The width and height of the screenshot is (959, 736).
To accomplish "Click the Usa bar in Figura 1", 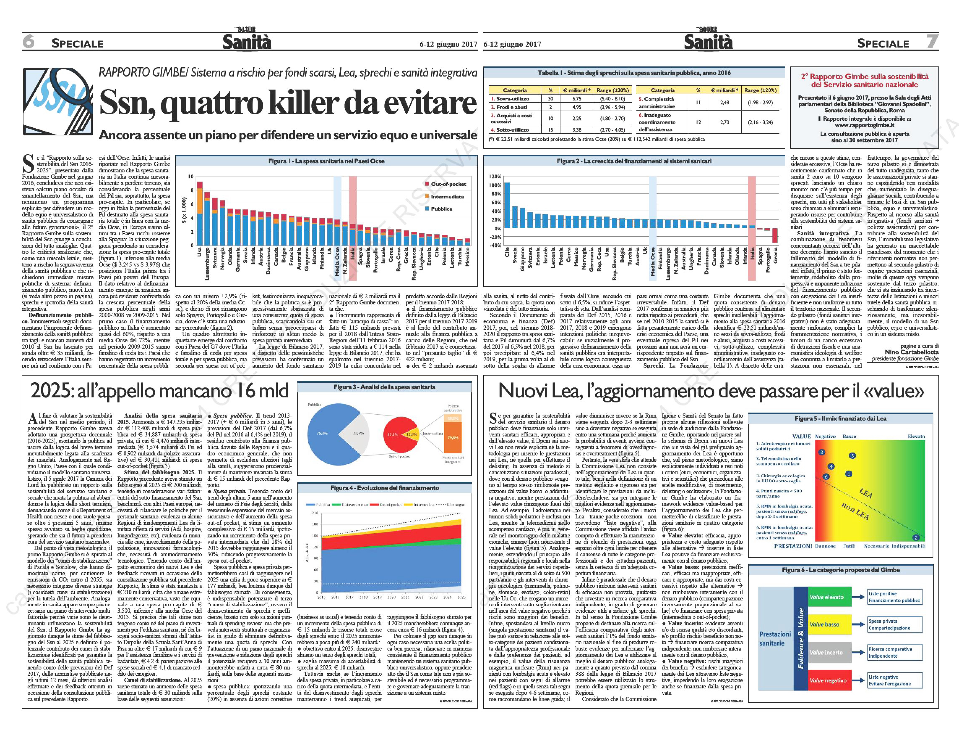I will click(x=199, y=215).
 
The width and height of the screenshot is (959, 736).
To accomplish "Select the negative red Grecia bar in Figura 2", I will click(x=775, y=235).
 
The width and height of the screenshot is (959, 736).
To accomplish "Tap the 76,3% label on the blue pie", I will click(x=322, y=433).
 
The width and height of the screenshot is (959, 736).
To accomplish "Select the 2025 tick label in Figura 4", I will click(x=461, y=597).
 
